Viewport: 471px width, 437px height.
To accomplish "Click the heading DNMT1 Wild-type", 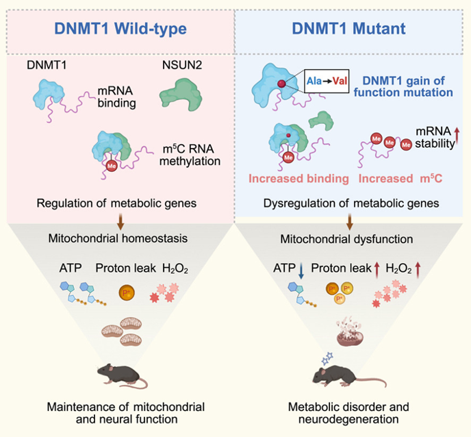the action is [120, 29].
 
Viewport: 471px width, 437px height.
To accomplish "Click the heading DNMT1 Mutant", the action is [348, 29].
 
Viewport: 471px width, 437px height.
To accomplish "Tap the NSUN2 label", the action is [182, 65].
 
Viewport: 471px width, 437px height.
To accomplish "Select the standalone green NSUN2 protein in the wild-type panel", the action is [181, 95].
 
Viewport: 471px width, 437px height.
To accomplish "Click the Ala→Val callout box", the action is [327, 81].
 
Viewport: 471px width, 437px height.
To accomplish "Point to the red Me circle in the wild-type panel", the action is [112, 166].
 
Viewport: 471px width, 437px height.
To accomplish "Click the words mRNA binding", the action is [116, 97].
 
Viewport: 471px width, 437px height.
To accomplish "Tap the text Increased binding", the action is [298, 179].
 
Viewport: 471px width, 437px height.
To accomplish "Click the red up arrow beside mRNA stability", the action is [457, 137].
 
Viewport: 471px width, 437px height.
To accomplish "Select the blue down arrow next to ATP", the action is [301, 271].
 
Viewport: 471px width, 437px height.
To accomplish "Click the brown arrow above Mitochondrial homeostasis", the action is [120, 222].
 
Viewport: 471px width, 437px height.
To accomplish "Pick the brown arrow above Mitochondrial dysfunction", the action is [349, 222].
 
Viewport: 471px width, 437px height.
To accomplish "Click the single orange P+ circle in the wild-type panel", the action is [127, 292].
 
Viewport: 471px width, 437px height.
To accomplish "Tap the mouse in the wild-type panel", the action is [123, 376].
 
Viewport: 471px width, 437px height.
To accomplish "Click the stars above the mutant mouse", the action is [327, 358].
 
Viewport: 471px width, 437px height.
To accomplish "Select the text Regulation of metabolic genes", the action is [116, 203].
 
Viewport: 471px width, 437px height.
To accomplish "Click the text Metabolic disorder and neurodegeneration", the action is [348, 412].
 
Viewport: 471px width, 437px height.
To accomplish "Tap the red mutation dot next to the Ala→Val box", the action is [281, 84].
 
